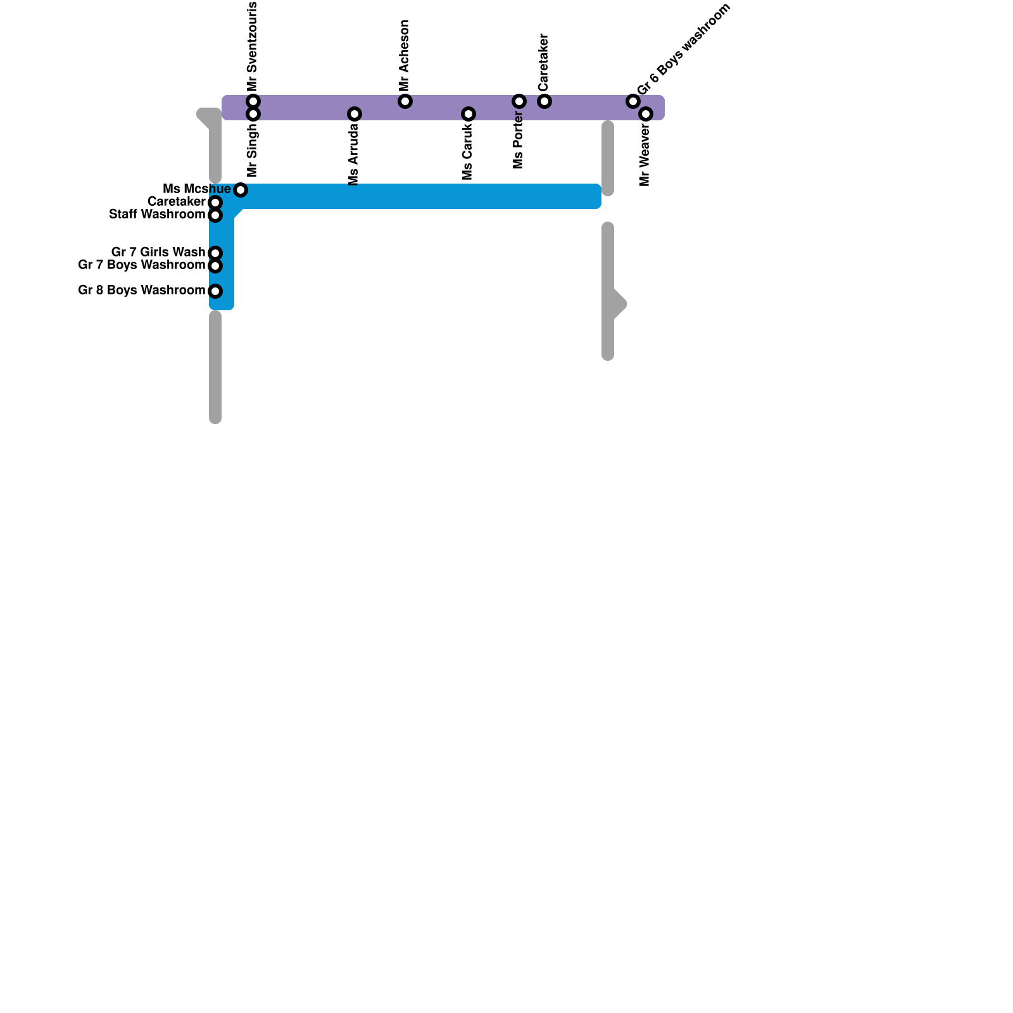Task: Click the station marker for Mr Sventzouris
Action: tap(253, 101)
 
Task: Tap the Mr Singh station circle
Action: tap(253, 114)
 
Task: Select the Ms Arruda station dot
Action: tap(355, 114)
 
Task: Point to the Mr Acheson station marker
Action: tap(405, 101)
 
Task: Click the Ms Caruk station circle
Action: tap(469, 114)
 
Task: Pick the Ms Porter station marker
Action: tap(519, 101)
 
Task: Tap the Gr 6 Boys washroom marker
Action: tap(633, 101)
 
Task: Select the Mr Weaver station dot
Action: tap(646, 114)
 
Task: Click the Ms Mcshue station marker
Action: tap(241, 190)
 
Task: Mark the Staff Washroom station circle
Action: tap(215, 215)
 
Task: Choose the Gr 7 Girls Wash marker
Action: tap(215, 253)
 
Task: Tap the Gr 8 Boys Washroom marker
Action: tap(215, 291)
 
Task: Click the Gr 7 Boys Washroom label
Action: tap(141, 265)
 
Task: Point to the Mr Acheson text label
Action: tap(405, 56)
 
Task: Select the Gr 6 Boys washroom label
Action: tap(684, 49)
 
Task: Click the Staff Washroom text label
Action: tap(156, 215)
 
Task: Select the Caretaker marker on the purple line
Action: tap(544, 101)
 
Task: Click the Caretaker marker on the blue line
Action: tap(215, 203)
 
